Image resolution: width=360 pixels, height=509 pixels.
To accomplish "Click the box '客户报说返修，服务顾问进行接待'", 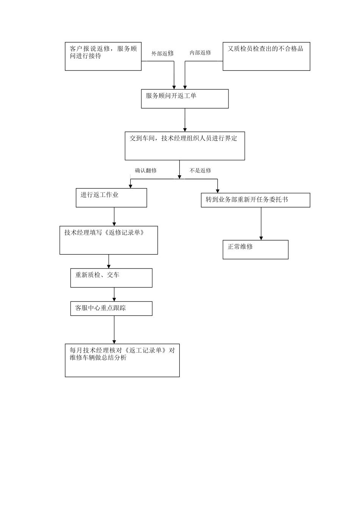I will pos(103,56).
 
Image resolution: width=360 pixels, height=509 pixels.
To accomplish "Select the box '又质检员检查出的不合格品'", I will pos(266,56).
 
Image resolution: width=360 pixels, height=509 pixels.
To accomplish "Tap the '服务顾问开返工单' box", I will pos(185,99).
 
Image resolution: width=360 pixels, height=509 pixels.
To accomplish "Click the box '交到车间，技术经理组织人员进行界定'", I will pos(185,146).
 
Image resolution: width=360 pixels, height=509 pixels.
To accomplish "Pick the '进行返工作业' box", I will pos(111,198).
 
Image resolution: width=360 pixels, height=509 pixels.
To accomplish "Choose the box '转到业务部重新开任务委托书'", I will pos(255,200).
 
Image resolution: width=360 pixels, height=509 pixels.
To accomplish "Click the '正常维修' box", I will pos(255,250).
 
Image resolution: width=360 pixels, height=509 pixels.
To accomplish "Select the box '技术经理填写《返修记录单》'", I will pos(108,240).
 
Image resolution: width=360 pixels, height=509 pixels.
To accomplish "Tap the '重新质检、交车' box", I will pos(111,278).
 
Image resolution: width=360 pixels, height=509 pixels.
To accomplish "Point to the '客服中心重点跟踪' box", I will pos(111,308).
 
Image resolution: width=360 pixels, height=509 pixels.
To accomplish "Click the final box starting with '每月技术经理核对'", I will pos(122,360).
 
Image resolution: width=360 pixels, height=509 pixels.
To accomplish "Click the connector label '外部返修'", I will pos(163,53).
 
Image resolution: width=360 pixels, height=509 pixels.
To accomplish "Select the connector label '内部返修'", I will pos(200,53).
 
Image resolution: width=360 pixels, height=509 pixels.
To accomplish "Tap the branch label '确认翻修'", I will pos(146,170).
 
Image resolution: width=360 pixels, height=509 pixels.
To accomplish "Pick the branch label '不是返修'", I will pos(200,170).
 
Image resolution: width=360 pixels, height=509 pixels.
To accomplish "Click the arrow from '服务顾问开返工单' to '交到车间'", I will pos(185,120).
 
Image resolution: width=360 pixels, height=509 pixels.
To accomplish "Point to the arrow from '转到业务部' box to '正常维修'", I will pos(261,223).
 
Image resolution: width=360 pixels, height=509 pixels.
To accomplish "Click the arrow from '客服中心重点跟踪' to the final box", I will pos(114,329).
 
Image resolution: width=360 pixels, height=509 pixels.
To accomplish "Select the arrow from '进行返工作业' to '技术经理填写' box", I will pos(114,217).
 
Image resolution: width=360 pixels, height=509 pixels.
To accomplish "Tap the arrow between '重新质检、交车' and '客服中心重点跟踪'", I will pos(114,294).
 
